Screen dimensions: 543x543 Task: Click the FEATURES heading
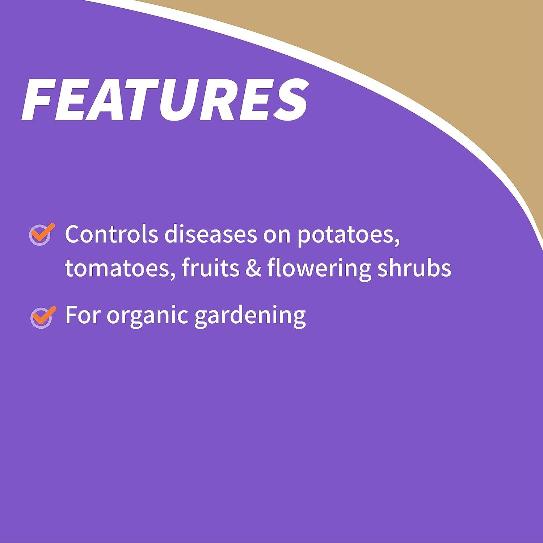(x=165, y=98)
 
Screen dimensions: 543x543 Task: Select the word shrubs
(x=414, y=268)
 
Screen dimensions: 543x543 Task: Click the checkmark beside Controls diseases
(x=41, y=234)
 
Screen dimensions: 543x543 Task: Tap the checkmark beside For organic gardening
(x=43, y=317)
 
